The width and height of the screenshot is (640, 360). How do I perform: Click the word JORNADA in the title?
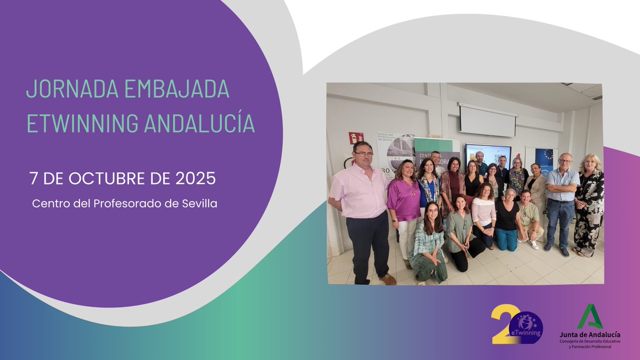coord(62,89)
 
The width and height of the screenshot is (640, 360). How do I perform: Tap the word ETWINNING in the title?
coord(82,123)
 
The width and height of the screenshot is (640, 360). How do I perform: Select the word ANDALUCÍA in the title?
coord(199,123)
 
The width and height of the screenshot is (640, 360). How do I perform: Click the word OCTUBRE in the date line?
coord(105,178)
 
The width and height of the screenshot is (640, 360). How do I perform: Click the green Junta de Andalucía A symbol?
coord(590,317)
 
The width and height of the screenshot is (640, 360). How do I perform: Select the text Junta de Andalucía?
coord(590,334)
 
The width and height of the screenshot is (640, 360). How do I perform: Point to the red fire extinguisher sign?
coord(356,138)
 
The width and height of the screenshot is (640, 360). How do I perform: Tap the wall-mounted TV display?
coord(488,155)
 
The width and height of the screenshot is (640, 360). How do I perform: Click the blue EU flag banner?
coord(544,161)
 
